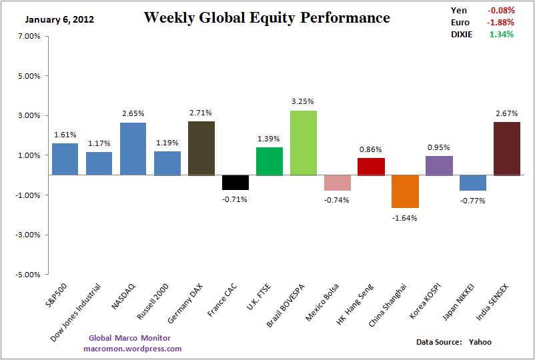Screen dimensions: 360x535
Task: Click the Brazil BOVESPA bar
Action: tap(303, 143)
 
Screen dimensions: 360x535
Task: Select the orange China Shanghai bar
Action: tap(405, 191)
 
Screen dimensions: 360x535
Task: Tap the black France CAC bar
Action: tap(235, 182)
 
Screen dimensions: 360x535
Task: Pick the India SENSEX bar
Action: tap(507, 149)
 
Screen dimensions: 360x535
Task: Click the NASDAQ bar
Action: tap(133, 149)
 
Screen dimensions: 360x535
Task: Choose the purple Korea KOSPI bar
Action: tap(439, 165)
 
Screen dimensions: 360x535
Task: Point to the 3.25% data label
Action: tap(303, 101)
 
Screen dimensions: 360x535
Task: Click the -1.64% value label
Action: tap(405, 217)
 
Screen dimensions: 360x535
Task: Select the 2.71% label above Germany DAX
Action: tap(201, 112)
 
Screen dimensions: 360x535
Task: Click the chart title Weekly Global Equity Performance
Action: tap(267, 17)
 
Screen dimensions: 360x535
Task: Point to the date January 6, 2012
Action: tap(59, 19)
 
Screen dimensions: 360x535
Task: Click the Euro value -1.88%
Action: tap(500, 22)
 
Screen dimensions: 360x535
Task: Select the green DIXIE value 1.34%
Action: tap(501, 34)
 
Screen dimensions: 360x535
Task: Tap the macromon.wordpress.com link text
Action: tap(133, 349)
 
